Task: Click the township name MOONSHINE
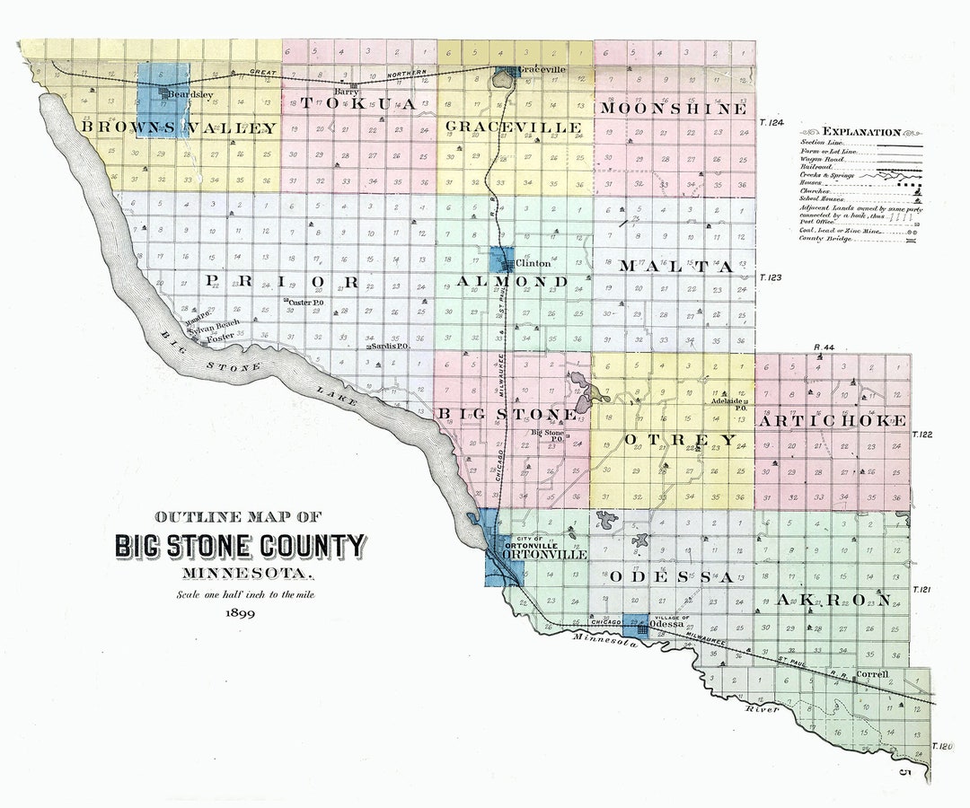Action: click(x=674, y=109)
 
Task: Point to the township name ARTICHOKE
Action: click(x=832, y=420)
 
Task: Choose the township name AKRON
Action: click(x=834, y=600)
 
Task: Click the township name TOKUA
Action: click(x=358, y=104)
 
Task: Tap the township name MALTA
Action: click(x=676, y=267)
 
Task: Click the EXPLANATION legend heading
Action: click(x=860, y=131)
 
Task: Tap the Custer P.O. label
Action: click(x=306, y=303)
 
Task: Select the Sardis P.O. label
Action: click(x=389, y=346)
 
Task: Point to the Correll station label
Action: click(x=872, y=673)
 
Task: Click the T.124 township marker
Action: click(x=772, y=122)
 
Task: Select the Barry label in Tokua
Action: click(x=346, y=91)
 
